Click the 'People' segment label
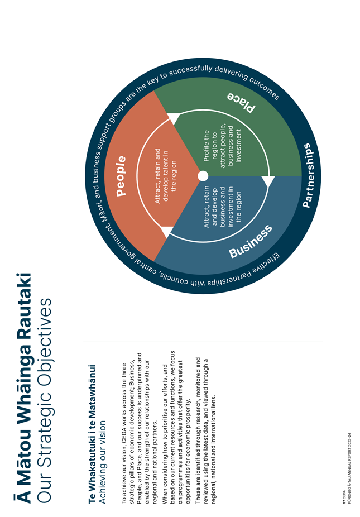click(x=121, y=176)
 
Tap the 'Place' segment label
click(x=241, y=103)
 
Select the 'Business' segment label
click(x=251, y=241)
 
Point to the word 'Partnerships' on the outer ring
click(x=306, y=175)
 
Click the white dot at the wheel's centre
click(x=203, y=176)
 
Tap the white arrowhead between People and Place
click(x=174, y=118)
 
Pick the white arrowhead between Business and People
click(x=166, y=232)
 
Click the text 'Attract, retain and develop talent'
click(x=166, y=176)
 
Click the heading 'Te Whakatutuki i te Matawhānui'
click(x=92, y=434)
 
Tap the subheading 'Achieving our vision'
click(x=103, y=462)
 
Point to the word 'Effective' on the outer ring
click(x=267, y=264)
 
